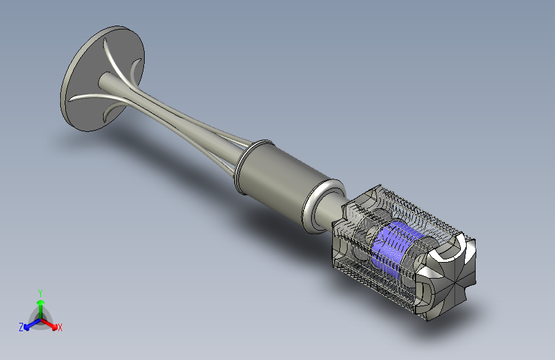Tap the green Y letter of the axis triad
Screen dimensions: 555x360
40,293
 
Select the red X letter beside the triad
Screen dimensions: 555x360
60,327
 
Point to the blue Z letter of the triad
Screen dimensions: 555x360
21,327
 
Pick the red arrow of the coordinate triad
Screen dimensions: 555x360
49,324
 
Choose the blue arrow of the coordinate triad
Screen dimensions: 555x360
33,324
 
